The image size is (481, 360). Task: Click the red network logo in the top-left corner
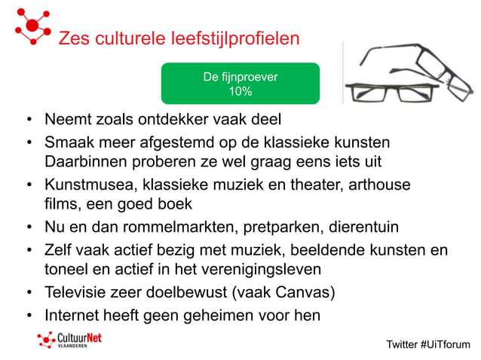[x=32, y=25]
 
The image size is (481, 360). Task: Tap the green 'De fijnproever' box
[x=240, y=84]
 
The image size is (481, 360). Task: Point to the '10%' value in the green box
[x=240, y=92]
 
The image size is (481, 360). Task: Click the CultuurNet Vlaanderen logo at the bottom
[x=69, y=340]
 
